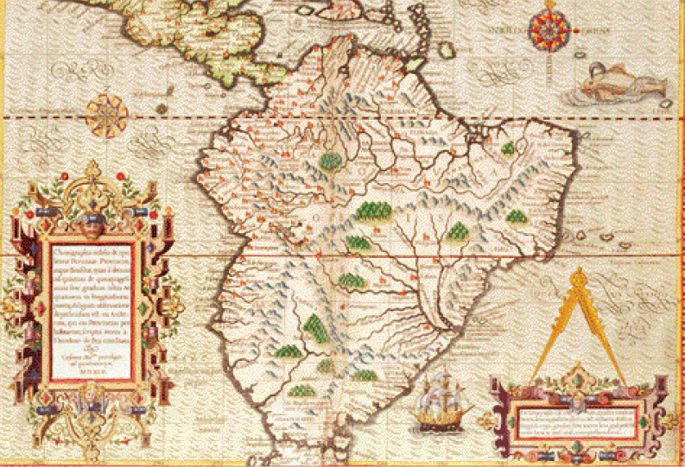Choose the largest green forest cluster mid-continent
(x=371, y=209)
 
